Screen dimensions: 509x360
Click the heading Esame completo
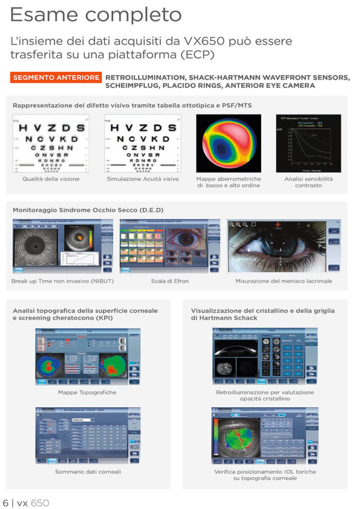(95, 15)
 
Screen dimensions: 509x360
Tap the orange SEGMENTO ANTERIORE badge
(56, 78)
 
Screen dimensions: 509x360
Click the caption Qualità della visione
(51, 179)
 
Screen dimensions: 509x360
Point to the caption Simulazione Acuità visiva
(142, 179)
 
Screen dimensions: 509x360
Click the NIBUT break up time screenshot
(61, 246)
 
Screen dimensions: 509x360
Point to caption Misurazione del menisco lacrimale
(284, 281)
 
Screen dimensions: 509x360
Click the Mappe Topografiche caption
(87, 392)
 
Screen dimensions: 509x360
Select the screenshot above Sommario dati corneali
(88, 435)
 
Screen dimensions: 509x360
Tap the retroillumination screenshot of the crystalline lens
(265, 356)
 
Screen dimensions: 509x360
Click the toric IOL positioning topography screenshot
(265, 435)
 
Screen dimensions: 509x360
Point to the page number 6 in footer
(5, 503)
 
